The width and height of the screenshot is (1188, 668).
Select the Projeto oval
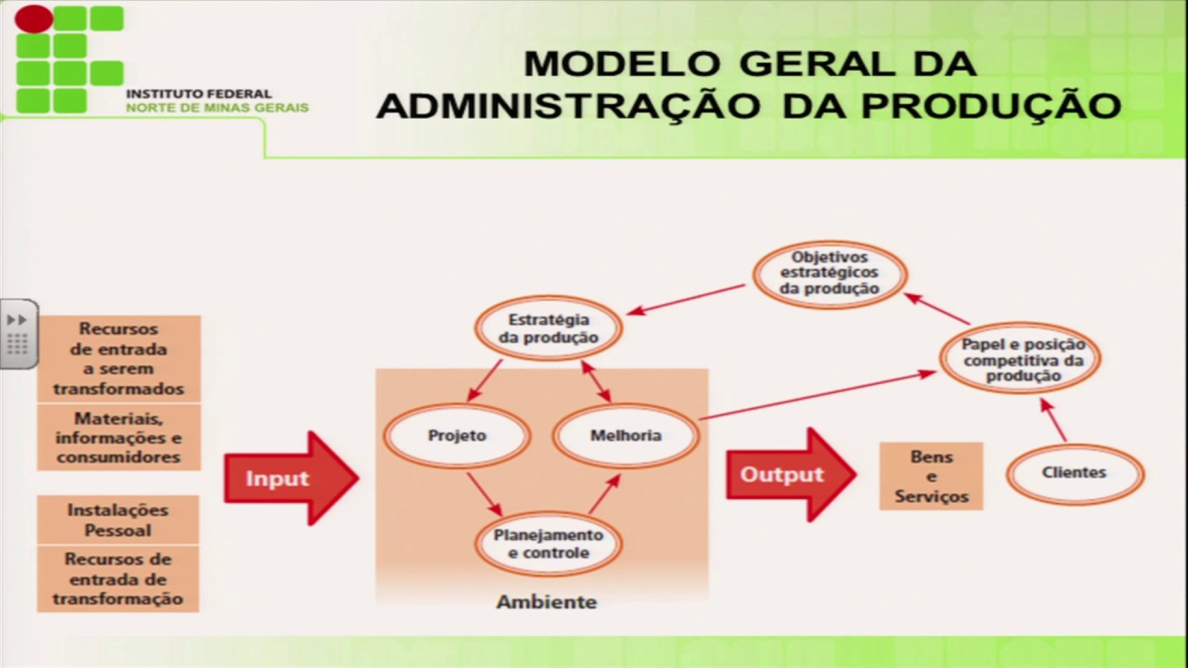coord(457,435)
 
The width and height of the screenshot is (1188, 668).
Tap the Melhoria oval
coord(626,435)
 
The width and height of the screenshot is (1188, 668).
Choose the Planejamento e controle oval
coord(548,545)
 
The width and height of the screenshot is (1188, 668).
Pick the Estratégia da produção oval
coord(548,328)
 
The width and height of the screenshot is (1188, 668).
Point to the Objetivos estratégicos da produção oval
coord(829,273)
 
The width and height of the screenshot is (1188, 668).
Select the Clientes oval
coord(1074,472)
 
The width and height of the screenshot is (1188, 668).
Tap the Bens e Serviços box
coord(931,477)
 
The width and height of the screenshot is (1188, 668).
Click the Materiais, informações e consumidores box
coord(119,438)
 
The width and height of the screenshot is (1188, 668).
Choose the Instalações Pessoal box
coord(118,520)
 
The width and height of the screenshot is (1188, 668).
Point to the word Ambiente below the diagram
coord(546,602)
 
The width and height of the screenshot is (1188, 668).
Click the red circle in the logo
coord(33,18)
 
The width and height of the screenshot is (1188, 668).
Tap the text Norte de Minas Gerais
coord(217,108)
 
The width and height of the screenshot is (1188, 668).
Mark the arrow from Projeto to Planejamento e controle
coord(484,494)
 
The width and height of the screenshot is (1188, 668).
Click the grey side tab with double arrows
coord(19,334)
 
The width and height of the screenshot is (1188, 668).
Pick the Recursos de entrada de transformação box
coord(118,579)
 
